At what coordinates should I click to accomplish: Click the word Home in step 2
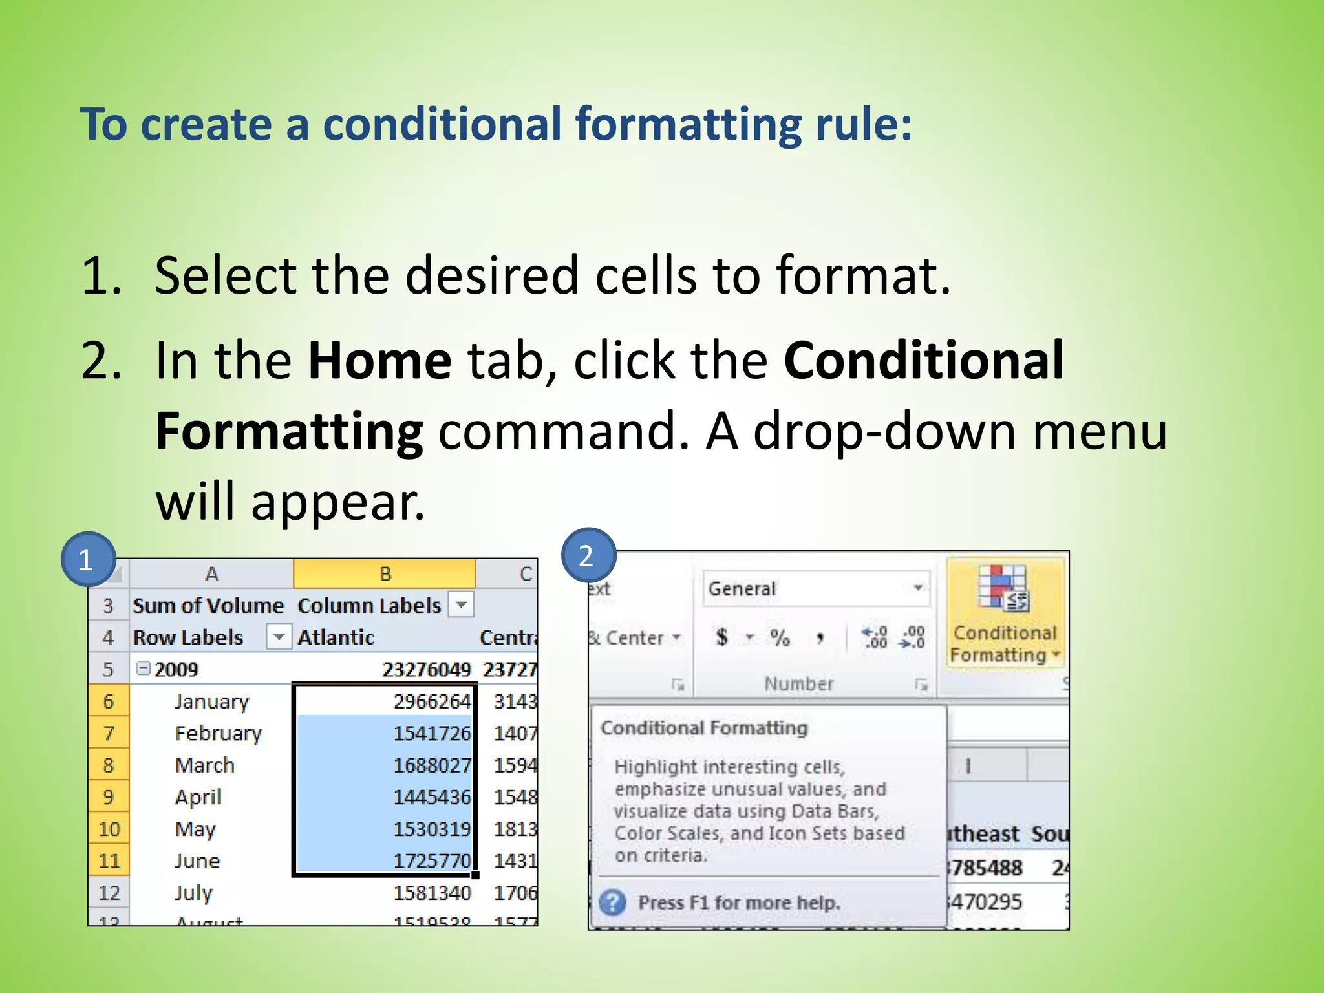click(379, 361)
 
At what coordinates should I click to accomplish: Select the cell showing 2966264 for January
click(432, 701)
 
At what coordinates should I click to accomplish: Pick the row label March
click(204, 765)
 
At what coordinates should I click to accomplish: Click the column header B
click(385, 573)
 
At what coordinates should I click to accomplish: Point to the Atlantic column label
click(336, 637)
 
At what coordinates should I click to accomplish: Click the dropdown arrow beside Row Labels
click(279, 637)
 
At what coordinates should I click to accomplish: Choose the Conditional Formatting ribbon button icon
click(1002, 588)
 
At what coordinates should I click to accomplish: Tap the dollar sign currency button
click(722, 637)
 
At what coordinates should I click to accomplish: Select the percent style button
click(780, 638)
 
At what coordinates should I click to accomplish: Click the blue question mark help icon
click(612, 902)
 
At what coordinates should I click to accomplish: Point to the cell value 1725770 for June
click(432, 861)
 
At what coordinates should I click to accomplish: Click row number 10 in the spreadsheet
click(109, 829)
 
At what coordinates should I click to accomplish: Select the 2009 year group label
click(176, 669)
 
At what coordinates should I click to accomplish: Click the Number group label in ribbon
click(799, 683)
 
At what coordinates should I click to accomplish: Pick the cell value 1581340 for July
click(432, 893)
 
